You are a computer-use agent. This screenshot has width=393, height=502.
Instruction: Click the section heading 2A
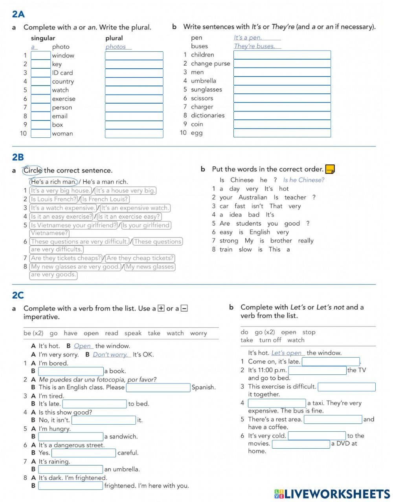pos(18,15)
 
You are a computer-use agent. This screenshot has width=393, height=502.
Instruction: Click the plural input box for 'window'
pos(134,56)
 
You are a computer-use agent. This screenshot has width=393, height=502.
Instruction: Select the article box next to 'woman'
pos(41,133)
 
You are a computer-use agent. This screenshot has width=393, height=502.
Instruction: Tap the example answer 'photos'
pos(116,47)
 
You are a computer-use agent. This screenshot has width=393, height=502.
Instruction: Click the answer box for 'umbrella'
pos(282,81)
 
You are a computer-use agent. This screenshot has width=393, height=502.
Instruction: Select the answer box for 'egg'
pos(282,133)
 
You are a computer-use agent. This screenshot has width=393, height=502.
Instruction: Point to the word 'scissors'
pos(202,98)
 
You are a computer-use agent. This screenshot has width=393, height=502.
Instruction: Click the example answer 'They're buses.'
pos(254,46)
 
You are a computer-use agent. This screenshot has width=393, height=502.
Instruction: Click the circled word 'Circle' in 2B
pos(33,170)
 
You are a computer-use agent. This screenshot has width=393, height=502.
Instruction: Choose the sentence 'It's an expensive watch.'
pos(135,208)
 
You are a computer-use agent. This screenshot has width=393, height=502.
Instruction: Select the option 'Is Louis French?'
pos(54,199)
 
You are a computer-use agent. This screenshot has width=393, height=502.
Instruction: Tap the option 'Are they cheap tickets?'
pos(140,258)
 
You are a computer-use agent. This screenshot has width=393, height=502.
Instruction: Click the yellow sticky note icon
pos(330,169)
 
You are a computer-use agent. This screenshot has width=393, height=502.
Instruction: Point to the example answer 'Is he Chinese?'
pos(304,180)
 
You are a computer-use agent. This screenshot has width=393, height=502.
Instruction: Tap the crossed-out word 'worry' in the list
pos(198,333)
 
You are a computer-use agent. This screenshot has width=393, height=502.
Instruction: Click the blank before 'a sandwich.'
pos(71,436)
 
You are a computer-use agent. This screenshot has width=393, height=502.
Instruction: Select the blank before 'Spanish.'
pos(158,387)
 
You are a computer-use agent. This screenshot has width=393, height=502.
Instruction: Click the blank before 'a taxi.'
pos(277,403)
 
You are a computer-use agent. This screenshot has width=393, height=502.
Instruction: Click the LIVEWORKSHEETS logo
pos(332,494)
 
